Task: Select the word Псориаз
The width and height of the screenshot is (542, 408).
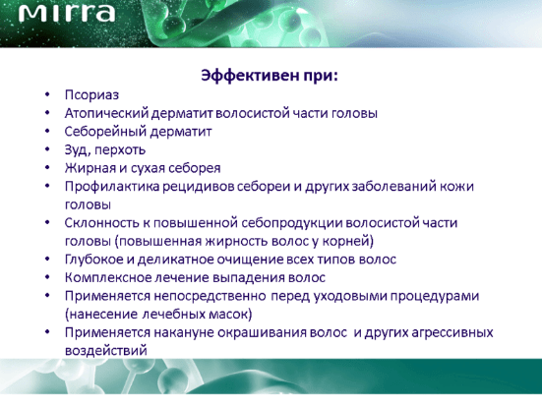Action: pyautogui.click(x=91, y=95)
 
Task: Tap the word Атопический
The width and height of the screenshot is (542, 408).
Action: pyautogui.click(x=106, y=113)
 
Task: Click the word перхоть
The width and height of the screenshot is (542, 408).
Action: pyautogui.click(x=120, y=150)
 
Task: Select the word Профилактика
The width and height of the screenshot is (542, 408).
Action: pyautogui.click(x=112, y=187)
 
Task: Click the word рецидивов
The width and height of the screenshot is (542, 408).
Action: pyautogui.click(x=195, y=187)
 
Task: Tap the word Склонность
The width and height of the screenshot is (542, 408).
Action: pyautogui.click(x=101, y=223)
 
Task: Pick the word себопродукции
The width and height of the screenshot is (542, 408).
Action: pyautogui.click(x=292, y=223)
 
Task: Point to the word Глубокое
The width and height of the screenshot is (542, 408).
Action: pyautogui.click(x=94, y=260)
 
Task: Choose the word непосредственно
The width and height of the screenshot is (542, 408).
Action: pyautogui.click(x=210, y=296)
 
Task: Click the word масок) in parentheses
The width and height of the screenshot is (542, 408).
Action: pyautogui.click(x=230, y=315)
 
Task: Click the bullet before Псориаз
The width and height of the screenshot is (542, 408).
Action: pyautogui.click(x=47, y=94)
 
